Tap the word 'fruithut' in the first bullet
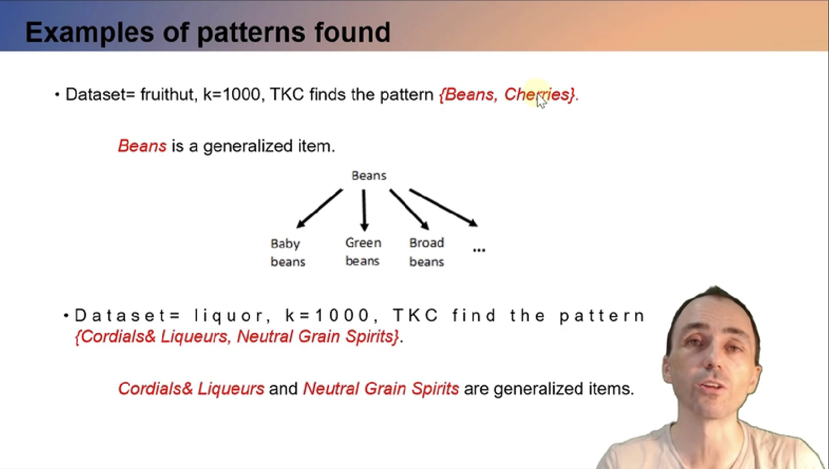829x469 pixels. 167,95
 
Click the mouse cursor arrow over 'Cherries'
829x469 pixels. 541,101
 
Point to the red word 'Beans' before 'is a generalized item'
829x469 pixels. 142,146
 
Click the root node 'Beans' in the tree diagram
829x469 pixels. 369,175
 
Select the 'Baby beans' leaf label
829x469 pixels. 288,252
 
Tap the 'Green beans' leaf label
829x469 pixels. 363,252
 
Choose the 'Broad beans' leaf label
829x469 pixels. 426,252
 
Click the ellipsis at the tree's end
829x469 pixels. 479,250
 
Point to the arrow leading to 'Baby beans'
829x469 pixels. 319,209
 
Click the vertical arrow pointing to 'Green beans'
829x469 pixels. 364,210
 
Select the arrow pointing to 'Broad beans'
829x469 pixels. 409,209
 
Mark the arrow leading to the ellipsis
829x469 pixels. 443,208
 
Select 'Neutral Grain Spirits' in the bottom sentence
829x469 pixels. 381,389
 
